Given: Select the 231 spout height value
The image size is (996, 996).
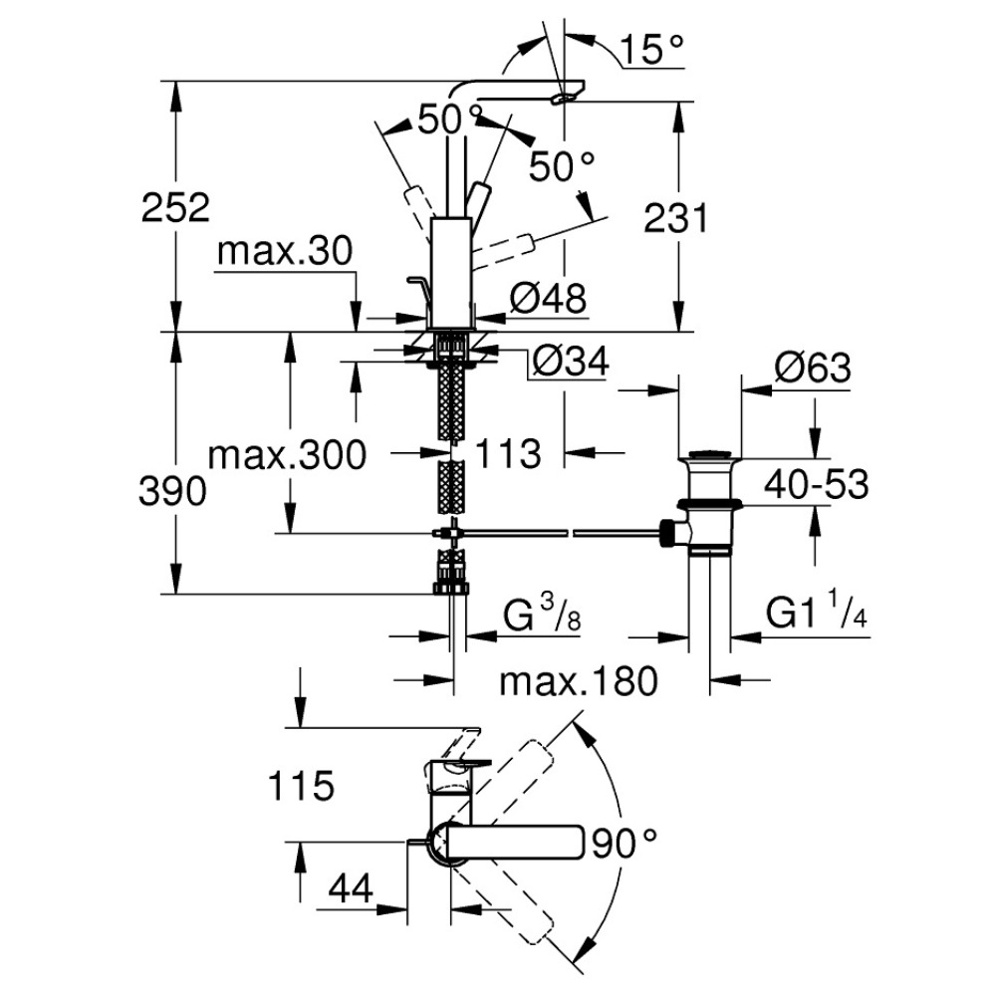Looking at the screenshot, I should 676,217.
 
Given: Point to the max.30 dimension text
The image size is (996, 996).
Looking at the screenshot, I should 285,253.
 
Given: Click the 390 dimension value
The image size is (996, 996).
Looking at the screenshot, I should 175,490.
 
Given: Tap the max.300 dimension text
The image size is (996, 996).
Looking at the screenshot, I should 287,456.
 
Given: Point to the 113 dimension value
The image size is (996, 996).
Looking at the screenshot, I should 508,454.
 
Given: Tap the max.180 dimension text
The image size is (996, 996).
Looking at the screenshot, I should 579,682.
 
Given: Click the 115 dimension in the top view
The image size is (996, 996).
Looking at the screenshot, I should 300,787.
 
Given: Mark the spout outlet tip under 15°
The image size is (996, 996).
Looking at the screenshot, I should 567,97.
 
